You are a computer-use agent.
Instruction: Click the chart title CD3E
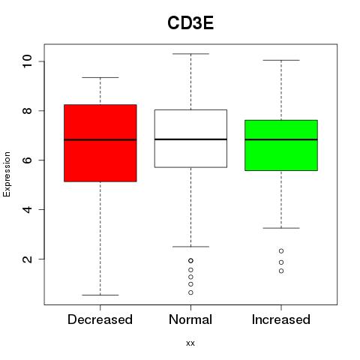(x=190, y=23)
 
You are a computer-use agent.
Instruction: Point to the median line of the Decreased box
(x=100, y=139)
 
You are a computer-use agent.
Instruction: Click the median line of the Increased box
(x=281, y=139)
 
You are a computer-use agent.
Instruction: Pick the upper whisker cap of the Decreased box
(x=100, y=77)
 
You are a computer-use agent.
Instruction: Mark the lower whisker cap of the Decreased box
(x=100, y=295)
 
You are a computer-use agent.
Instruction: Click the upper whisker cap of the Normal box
(x=190, y=54)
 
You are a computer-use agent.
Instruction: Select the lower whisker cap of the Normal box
(x=190, y=247)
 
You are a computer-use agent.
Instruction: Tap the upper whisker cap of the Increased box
(x=281, y=60)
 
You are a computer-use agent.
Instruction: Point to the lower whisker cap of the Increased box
(x=281, y=228)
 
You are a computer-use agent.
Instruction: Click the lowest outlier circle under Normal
(x=190, y=292)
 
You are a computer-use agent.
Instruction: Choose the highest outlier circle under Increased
(x=281, y=251)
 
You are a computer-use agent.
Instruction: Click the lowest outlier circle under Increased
(x=281, y=271)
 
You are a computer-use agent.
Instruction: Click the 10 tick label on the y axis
(x=27, y=61)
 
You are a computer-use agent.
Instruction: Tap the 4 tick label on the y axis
(x=27, y=209)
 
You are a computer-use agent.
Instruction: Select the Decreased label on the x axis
(x=100, y=319)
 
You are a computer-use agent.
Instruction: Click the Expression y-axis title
(x=7, y=175)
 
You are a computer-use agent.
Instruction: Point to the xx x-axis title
(x=190, y=343)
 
